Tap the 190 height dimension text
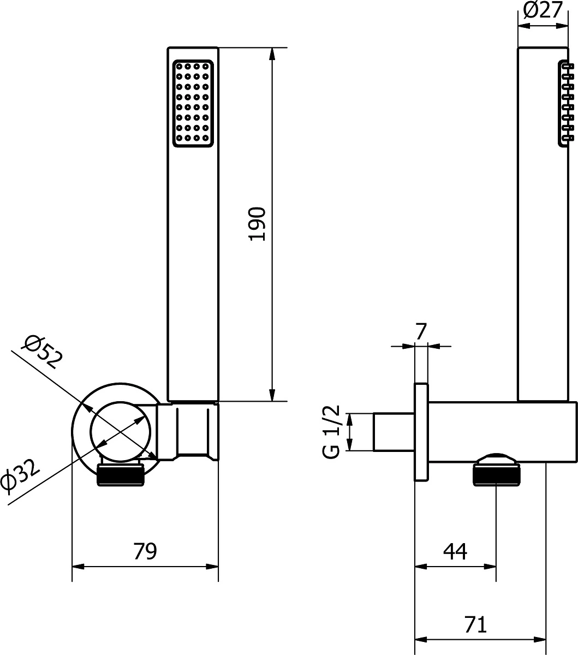257,224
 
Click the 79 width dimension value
145,551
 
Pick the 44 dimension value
455,551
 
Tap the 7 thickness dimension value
421,331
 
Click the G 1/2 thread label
331,432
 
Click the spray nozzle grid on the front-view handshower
193,104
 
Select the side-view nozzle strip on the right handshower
565,104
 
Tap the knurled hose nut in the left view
120,473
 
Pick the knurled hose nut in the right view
497,473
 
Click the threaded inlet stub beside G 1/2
394,432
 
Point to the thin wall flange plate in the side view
421,432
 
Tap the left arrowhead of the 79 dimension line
78,567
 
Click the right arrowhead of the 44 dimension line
490,567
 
